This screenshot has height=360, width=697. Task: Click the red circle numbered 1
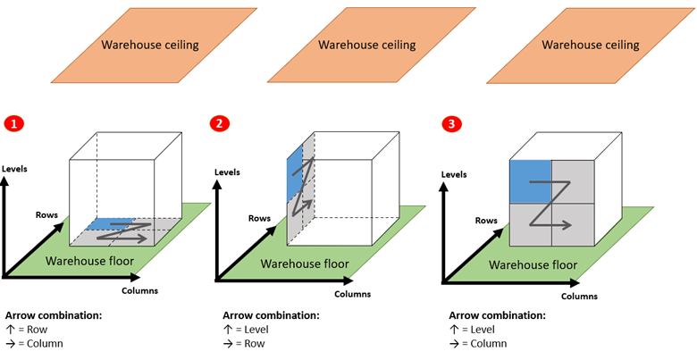(x=13, y=124)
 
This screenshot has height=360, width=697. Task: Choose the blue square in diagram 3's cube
(x=530, y=182)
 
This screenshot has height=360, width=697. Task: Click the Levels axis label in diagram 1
(x=15, y=168)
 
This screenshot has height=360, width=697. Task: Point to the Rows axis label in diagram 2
(x=259, y=218)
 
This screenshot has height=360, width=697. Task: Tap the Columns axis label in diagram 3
(x=579, y=296)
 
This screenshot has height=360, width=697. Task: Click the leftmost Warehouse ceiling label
(x=150, y=45)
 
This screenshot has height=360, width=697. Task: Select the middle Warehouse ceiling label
(x=366, y=45)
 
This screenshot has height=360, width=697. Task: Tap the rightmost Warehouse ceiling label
(x=591, y=45)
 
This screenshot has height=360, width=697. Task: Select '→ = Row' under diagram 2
(x=246, y=343)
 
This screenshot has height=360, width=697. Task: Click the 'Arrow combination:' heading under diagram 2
(x=271, y=315)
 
